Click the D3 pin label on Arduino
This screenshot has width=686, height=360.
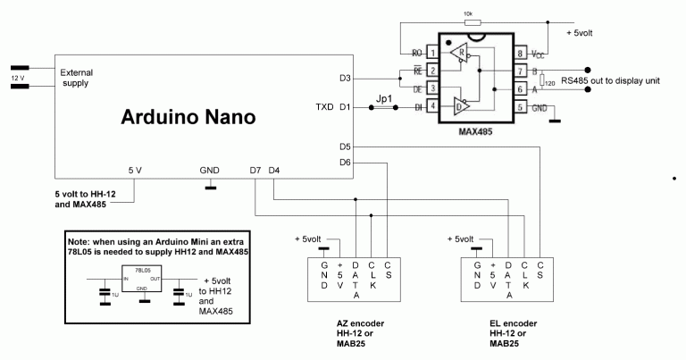click(346, 79)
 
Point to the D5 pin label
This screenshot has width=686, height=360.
click(346, 146)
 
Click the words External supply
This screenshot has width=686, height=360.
click(78, 78)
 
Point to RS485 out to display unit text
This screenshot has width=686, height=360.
click(610, 80)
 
